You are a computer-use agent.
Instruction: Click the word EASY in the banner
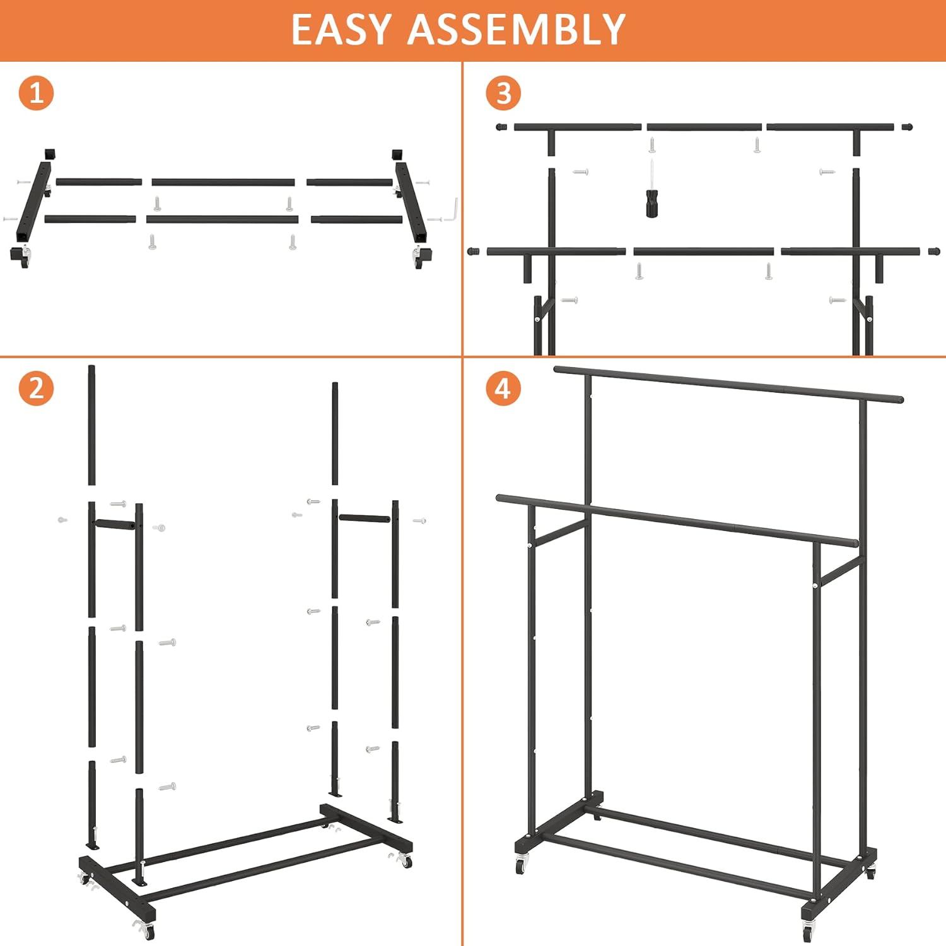click(x=341, y=30)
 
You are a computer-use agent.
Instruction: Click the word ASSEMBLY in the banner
click(x=516, y=30)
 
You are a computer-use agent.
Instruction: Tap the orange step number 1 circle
click(x=36, y=93)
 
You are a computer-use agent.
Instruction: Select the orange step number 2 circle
click(x=36, y=388)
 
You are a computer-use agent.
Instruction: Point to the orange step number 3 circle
click(x=503, y=93)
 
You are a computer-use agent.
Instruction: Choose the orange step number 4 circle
click(x=503, y=388)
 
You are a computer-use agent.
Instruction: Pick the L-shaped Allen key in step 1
click(x=452, y=211)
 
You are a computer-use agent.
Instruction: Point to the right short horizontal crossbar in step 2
click(x=365, y=518)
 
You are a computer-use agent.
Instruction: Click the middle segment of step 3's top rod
click(x=704, y=127)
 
